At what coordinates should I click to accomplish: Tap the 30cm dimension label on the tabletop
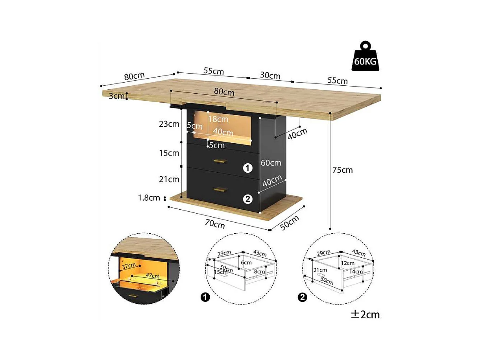270,76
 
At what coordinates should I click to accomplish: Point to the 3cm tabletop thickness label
116,96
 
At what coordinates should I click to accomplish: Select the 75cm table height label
343,170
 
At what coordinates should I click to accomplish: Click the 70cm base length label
215,224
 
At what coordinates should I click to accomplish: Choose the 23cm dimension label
170,124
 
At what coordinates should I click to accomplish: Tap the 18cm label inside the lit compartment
218,119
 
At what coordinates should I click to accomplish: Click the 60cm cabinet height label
271,162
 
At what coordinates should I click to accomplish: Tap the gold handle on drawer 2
220,190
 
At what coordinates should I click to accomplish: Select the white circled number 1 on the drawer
247,168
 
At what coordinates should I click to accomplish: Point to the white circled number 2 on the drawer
247,199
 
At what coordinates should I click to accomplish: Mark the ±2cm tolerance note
366,314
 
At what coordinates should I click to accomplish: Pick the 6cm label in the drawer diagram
246,262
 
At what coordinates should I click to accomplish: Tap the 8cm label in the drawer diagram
259,271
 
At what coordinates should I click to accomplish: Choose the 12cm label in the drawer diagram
348,263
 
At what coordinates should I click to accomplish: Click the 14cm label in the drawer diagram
356,271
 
